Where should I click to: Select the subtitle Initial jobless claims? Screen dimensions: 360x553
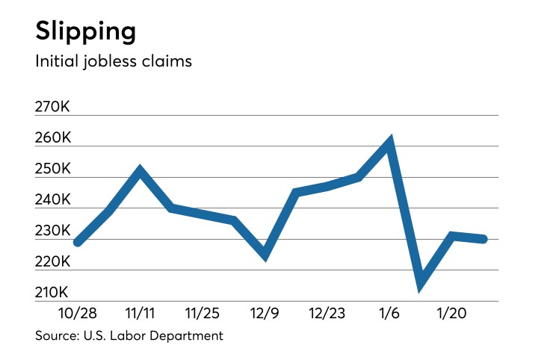coord(114,61)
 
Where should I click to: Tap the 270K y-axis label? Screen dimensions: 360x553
coord(52,108)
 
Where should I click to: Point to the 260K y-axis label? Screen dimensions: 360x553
coord(52,139)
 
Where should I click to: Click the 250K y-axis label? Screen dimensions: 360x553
coord(52,170)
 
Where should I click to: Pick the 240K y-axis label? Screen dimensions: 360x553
coord(52,201)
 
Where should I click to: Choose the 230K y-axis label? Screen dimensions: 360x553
coord(52,232)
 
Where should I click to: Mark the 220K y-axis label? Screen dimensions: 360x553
coord(52,262)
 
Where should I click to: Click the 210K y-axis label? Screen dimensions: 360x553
coord(52,293)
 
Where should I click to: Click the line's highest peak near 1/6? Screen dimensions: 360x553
coord(389,141)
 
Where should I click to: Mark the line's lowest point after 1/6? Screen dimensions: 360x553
coord(421,282)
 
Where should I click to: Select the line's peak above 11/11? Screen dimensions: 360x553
coord(140,171)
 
